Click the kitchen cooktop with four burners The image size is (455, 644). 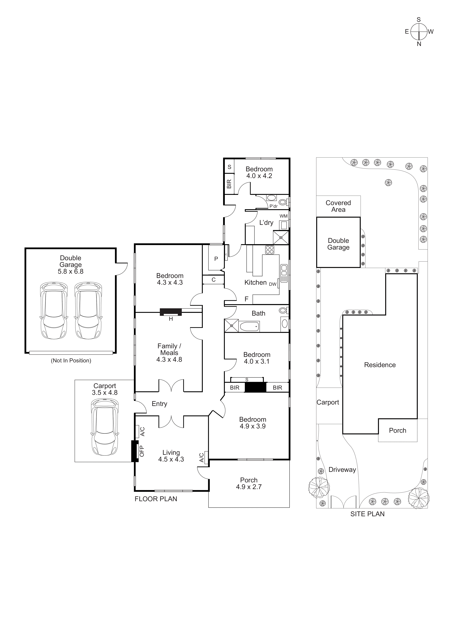[x=270, y=250]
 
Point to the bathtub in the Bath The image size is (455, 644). [x=249, y=327]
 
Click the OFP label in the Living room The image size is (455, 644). [x=142, y=451]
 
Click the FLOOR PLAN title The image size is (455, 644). [x=156, y=499]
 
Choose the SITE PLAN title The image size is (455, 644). [x=367, y=514]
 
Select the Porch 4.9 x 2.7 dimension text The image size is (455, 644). [x=249, y=487]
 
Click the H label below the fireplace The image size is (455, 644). [x=171, y=319]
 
